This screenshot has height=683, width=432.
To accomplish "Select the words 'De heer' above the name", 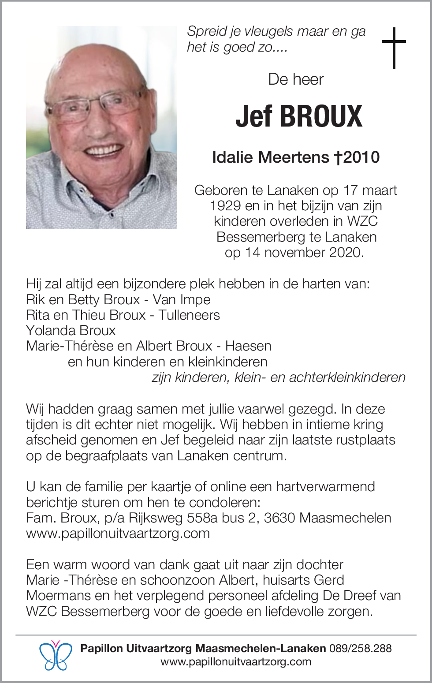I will tap(296, 79).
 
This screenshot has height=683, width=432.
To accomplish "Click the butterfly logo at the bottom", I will tap(56, 655).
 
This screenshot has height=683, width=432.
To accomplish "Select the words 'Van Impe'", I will tap(182, 299).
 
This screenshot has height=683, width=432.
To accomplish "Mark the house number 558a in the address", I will tap(202, 518).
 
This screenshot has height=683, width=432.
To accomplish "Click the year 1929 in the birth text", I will tap(225, 205).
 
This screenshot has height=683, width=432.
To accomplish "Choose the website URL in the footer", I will tap(236, 662).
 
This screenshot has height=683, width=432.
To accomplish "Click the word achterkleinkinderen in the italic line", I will tap(347, 377).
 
